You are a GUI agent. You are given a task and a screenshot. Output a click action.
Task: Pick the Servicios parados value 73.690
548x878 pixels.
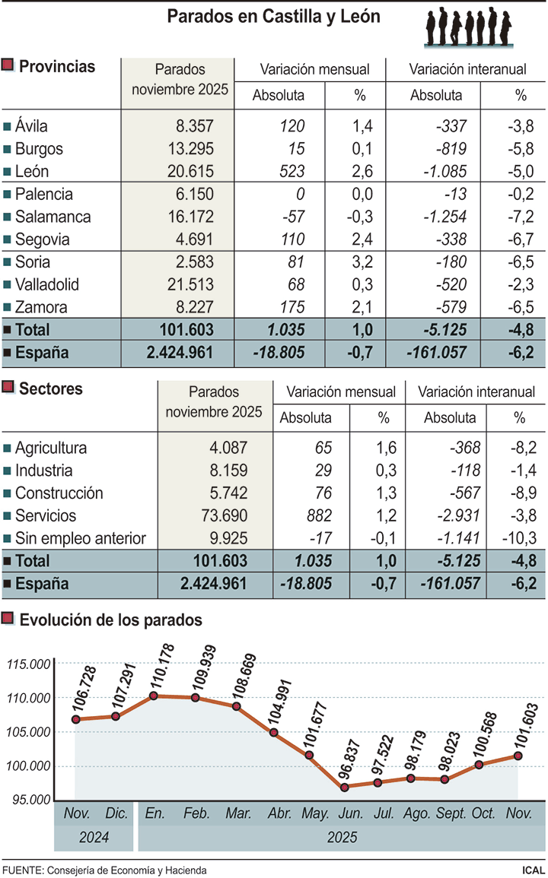(x=222, y=515)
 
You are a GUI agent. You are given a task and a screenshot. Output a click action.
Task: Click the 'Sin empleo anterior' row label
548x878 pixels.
(x=80, y=538)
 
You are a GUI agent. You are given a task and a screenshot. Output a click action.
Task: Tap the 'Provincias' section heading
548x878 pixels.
(x=57, y=67)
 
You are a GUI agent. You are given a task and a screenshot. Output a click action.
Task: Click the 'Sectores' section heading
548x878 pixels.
(x=51, y=389)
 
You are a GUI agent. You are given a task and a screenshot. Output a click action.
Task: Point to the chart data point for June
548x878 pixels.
(x=346, y=787)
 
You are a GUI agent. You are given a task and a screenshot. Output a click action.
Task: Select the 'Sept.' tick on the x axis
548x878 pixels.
(x=451, y=813)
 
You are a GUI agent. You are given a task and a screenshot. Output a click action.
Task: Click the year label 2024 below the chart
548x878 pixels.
(x=94, y=838)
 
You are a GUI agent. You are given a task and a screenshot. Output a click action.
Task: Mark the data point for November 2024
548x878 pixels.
(x=76, y=719)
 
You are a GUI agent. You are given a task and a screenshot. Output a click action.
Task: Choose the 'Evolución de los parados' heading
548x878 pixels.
(x=110, y=620)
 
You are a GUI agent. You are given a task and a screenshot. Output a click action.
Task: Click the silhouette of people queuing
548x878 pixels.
(x=467, y=28)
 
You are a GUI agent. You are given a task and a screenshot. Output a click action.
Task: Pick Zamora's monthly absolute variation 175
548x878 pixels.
(x=292, y=308)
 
